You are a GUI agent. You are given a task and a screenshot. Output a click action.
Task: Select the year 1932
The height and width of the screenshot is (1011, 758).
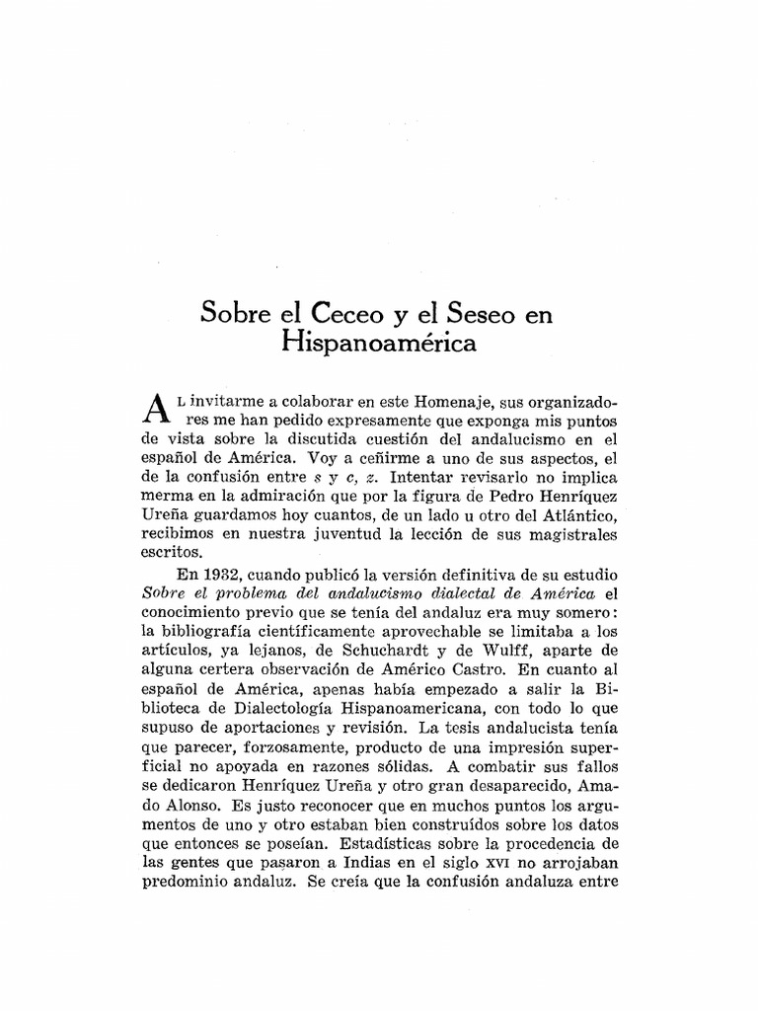point(202,573)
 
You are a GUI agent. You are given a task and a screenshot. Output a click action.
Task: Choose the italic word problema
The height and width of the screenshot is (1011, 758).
point(257,592)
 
